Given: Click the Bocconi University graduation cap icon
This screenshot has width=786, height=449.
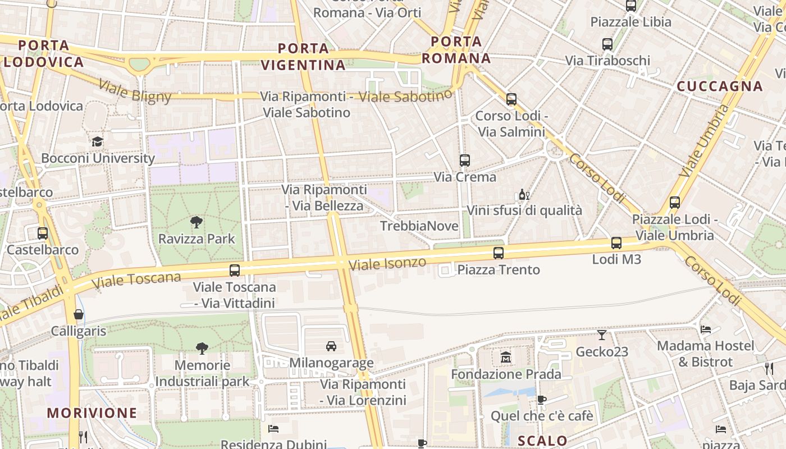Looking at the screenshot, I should click(98, 141).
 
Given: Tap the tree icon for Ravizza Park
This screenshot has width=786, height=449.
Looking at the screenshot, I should click(196, 222).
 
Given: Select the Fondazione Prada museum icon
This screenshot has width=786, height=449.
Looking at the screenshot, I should click(506, 357).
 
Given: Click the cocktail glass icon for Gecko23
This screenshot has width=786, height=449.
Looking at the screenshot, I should click(602, 335).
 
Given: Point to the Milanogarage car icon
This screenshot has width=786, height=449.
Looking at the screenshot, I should click(331, 346).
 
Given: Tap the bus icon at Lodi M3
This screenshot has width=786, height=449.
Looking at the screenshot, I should click(616, 243).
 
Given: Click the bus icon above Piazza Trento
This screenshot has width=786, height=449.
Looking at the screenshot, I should click(499, 253).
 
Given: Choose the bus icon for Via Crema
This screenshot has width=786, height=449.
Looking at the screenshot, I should click(464, 161).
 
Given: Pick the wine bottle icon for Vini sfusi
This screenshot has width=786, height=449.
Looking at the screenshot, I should click(524, 195).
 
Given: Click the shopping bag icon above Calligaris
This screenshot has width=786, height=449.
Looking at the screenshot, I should click(79, 314).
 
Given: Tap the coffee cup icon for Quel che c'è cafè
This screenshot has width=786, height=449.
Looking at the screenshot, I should click(541, 400).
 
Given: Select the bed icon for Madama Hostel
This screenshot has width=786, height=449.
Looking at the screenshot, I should click(706, 329).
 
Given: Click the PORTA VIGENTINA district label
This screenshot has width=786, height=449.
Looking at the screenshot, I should click(303, 57).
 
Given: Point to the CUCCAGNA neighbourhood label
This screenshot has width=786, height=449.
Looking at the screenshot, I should click(720, 86).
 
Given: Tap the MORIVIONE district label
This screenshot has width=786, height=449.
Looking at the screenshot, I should click(92, 413).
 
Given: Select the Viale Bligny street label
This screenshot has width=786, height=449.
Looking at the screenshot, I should click(135, 91).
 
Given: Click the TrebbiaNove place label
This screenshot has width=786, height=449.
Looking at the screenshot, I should click(419, 226).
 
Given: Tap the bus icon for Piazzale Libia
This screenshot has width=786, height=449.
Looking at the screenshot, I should click(631, 6).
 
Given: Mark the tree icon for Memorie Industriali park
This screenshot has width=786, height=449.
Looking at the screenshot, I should click(202, 349).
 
